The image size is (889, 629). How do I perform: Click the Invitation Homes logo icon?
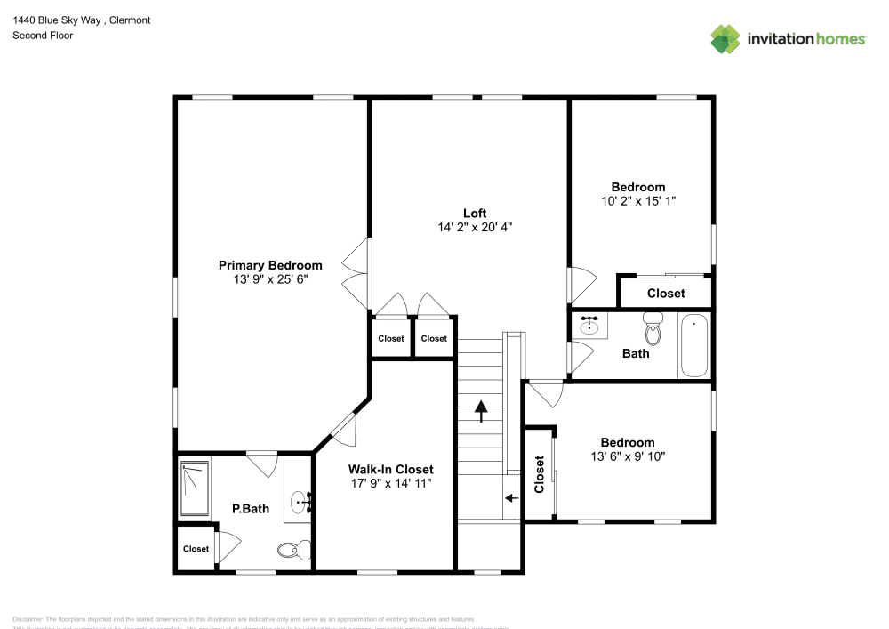point(725,39)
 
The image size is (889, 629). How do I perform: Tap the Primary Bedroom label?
point(270,265)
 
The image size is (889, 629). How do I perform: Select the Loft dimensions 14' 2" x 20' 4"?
point(475,227)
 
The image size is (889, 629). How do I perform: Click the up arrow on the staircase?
point(481,410)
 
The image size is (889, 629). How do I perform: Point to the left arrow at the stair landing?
point(511,500)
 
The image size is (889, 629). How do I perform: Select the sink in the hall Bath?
point(589,325)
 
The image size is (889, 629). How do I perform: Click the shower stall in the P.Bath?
point(194,488)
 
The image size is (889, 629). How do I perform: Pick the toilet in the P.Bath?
point(292,550)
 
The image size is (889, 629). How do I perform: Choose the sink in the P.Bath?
point(302,504)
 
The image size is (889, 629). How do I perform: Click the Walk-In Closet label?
point(390,470)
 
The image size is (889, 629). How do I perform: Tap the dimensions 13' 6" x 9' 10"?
point(627,456)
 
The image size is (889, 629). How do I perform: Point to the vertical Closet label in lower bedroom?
point(539,474)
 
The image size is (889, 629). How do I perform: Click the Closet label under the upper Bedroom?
point(666,294)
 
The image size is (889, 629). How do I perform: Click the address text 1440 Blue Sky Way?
point(62,20)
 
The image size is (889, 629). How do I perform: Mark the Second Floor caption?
point(43,36)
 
